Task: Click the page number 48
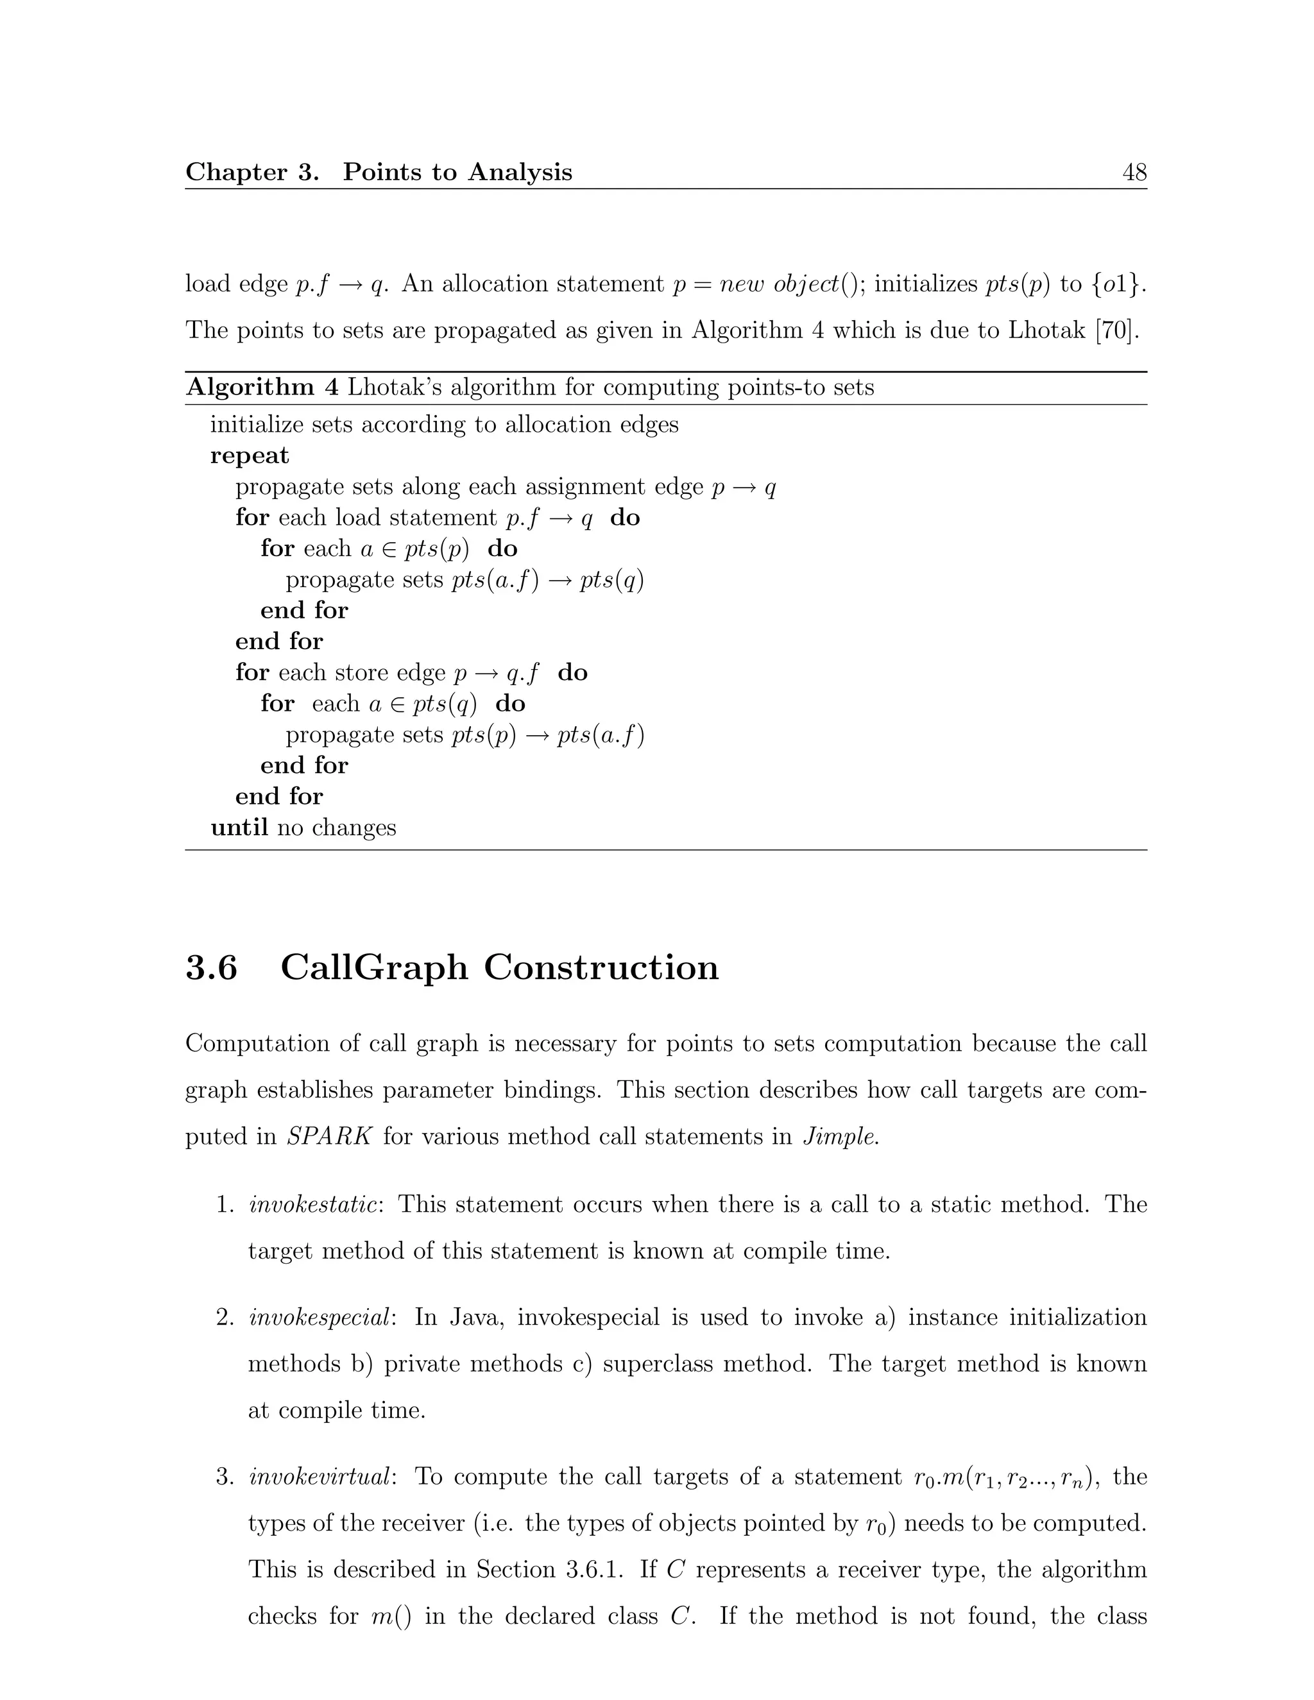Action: [x=1134, y=172]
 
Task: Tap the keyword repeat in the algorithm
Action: [x=249, y=455]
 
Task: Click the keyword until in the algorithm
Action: [x=239, y=827]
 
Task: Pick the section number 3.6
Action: [x=211, y=967]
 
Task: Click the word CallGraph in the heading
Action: [x=375, y=967]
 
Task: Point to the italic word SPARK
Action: [x=328, y=1137]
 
